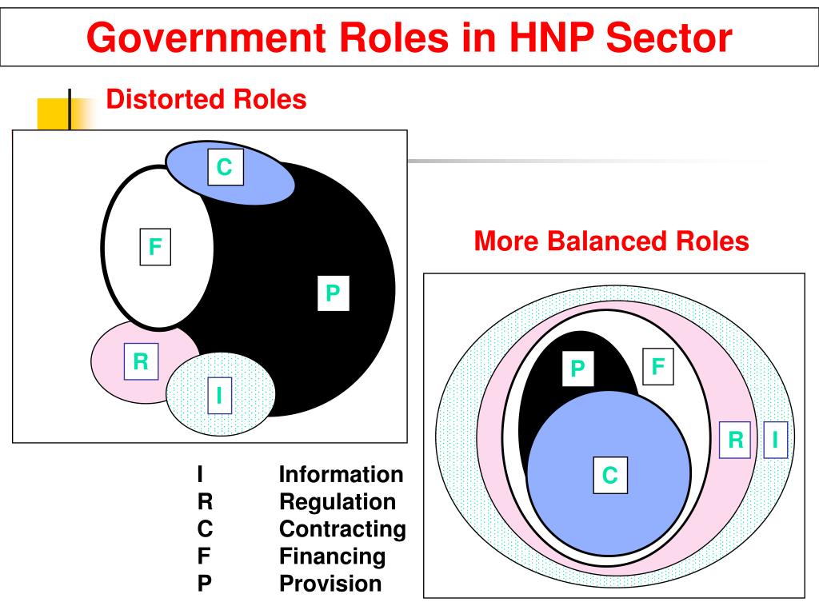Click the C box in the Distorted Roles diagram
[225, 167]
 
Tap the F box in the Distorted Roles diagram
[154, 247]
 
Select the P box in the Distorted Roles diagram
[333, 293]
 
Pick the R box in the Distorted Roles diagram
[141, 361]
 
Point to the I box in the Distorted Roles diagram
[219, 395]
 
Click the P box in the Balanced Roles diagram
[577, 369]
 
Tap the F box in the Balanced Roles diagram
[658, 367]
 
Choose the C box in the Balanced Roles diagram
[610, 475]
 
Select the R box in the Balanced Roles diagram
[736, 440]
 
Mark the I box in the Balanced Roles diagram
[775, 440]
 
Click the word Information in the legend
[341, 475]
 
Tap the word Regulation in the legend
[337, 502]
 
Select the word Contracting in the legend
[342, 529]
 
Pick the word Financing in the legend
[332, 556]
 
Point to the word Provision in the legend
[330, 584]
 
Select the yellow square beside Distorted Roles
[54, 113]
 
